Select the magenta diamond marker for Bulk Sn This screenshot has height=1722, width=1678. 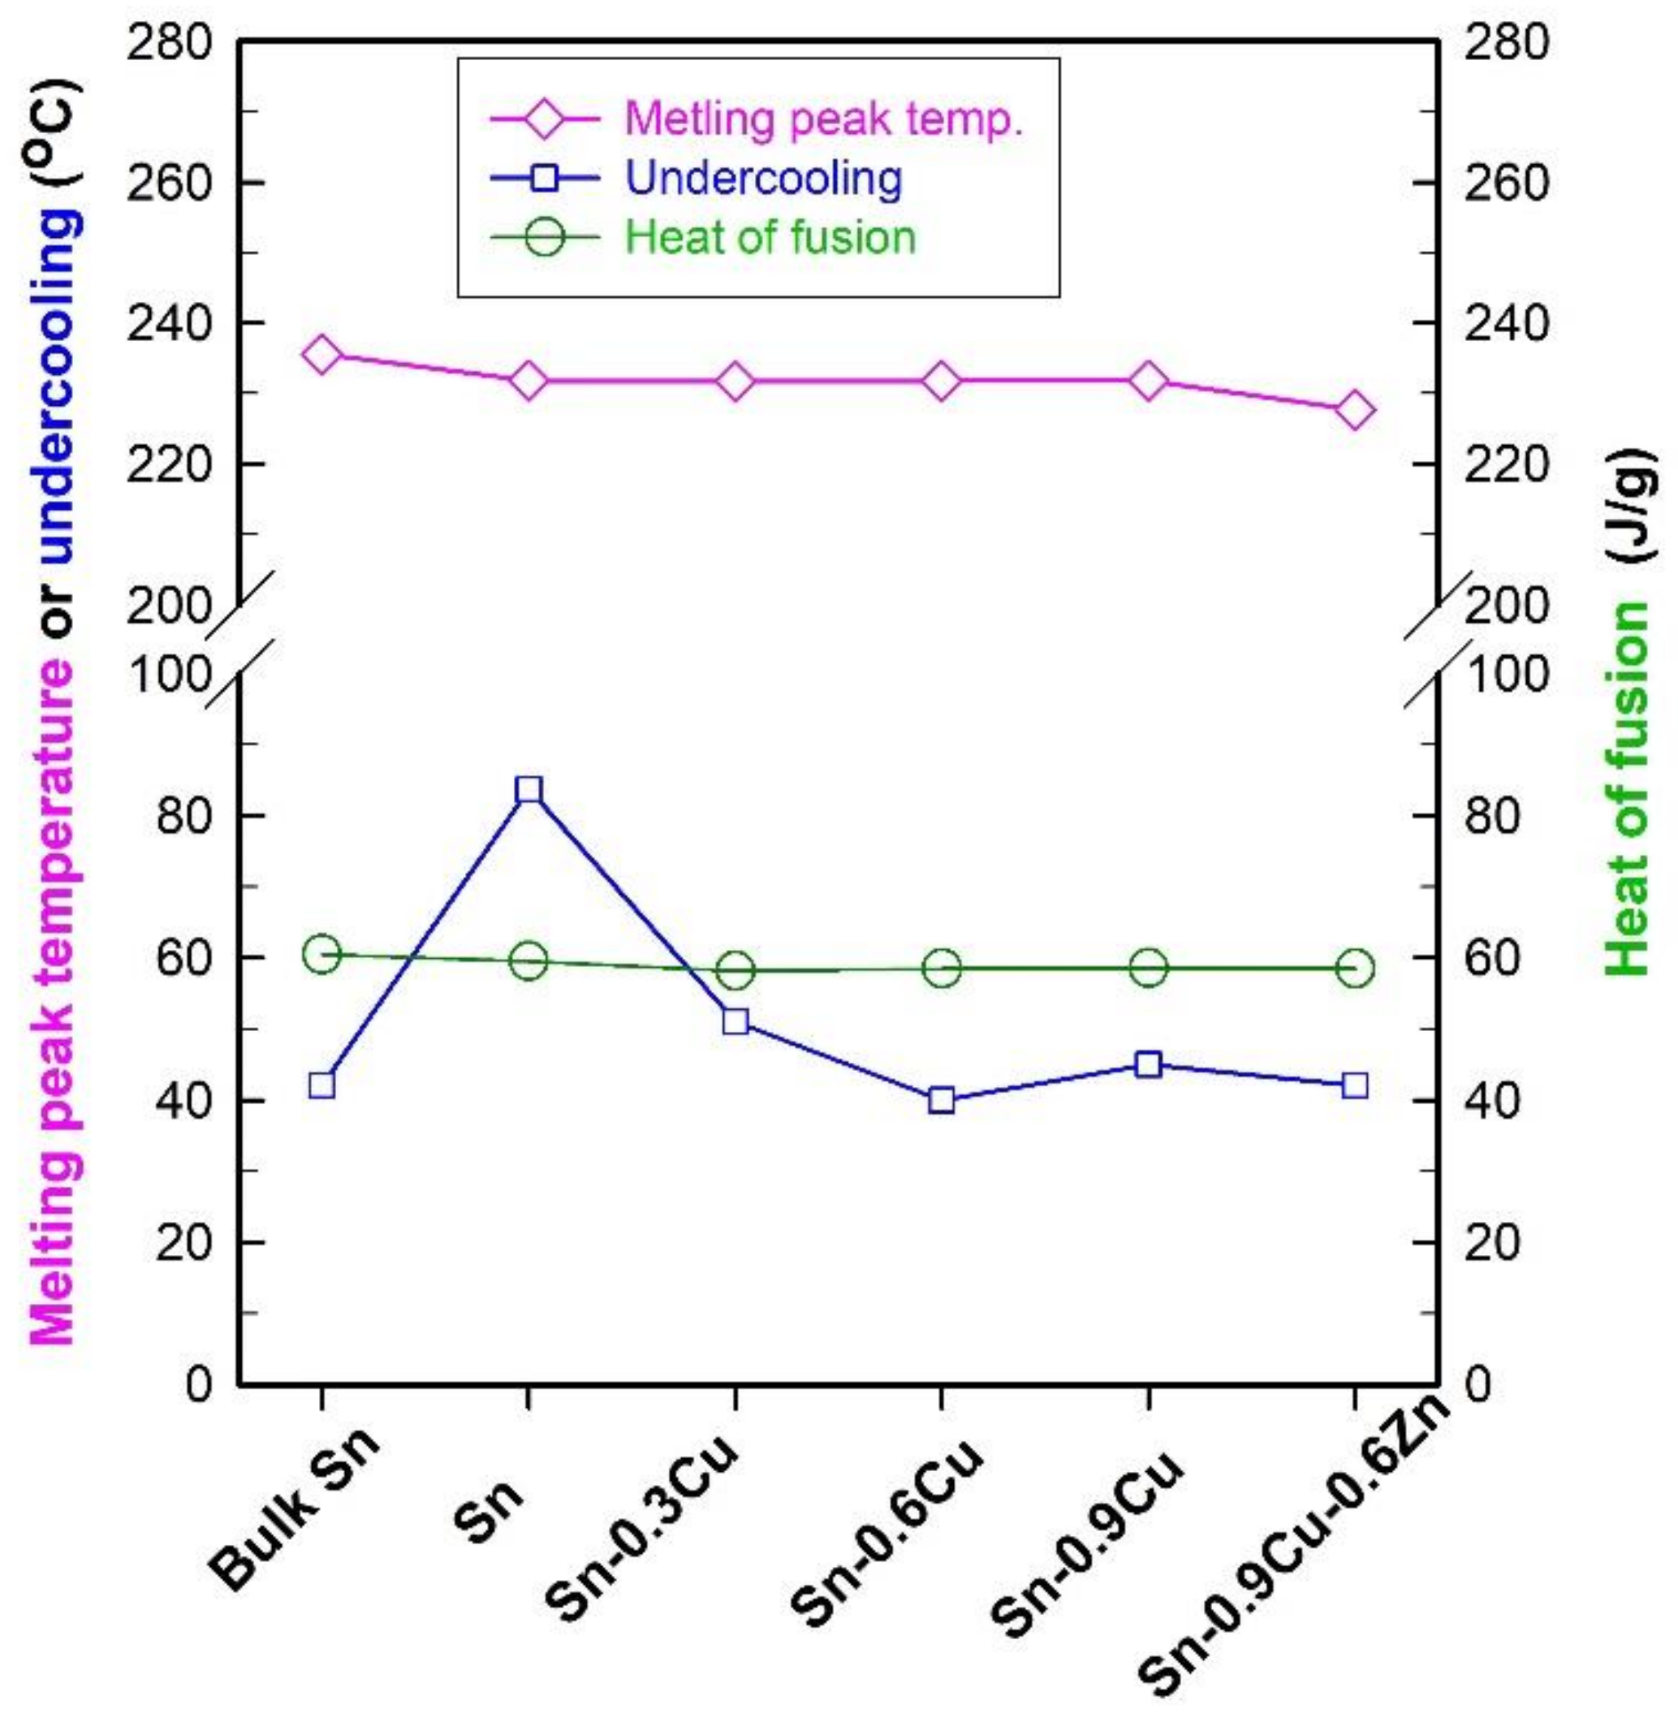pos(321,354)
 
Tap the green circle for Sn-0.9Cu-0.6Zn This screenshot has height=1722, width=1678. pos(1355,969)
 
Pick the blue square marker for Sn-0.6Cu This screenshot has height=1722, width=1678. pos(941,1100)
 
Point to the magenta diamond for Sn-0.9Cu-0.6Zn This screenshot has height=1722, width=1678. pos(1355,411)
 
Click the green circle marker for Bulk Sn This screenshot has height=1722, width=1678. pos(321,955)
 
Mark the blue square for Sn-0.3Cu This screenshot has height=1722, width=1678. pos(735,1021)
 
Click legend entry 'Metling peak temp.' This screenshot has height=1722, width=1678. pos(823,118)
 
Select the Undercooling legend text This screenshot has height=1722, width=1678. pos(763,178)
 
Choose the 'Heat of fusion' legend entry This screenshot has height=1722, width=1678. pos(770,237)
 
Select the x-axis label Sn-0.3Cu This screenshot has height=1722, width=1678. pos(648,1529)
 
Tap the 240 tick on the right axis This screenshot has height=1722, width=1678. pos(1505,323)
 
